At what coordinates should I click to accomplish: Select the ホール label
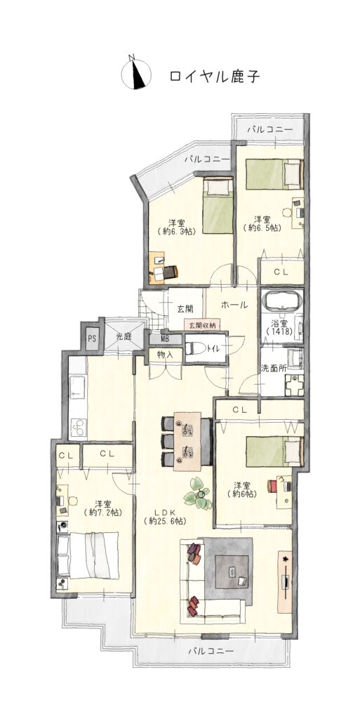[234, 305]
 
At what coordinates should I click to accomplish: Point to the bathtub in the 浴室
[281, 303]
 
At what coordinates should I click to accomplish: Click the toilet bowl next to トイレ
[195, 348]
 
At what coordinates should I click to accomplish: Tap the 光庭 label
[122, 336]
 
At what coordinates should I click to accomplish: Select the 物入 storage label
[164, 354]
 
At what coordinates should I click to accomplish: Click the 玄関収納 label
[201, 325]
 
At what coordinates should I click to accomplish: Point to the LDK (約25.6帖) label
[166, 516]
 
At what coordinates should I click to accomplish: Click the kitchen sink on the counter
[76, 387]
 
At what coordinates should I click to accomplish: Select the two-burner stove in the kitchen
[77, 428]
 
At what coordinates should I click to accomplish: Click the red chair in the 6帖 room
[274, 485]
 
